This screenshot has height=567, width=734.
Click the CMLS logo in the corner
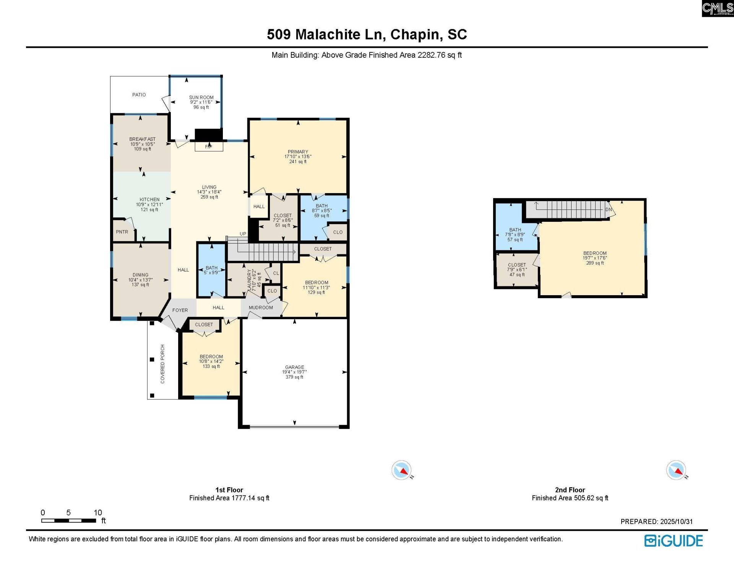tap(717, 8)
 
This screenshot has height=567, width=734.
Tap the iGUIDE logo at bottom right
tap(673, 541)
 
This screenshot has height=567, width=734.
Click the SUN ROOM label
tap(201, 97)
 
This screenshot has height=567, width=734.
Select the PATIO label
tap(139, 95)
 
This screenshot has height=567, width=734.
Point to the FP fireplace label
tap(208, 147)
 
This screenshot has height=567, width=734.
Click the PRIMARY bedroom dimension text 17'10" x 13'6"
tap(298, 157)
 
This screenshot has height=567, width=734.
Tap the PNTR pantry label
tap(122, 232)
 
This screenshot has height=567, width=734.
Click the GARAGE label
tap(294, 367)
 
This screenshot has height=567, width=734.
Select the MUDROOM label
tap(261, 308)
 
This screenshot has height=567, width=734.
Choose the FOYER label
tap(180, 310)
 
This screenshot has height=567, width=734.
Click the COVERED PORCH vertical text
tap(162, 364)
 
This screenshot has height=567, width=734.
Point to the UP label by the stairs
tap(243, 234)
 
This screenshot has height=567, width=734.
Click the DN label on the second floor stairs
tap(609, 210)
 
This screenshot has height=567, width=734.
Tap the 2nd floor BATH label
tap(515, 230)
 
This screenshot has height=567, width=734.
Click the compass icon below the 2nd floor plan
tap(676, 470)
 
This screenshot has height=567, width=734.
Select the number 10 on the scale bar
tap(98, 513)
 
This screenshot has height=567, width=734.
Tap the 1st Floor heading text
tap(229, 490)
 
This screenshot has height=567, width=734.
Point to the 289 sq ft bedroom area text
tap(594, 263)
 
